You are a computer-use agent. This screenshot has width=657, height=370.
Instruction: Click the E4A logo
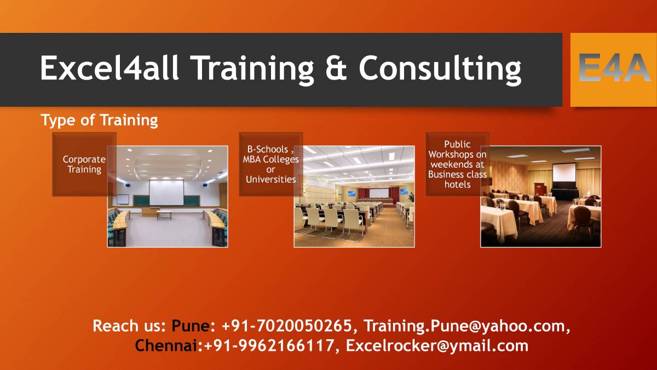tap(613, 70)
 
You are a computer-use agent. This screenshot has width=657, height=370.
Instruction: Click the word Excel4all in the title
tap(109, 69)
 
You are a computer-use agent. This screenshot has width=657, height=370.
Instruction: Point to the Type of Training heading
tap(99, 120)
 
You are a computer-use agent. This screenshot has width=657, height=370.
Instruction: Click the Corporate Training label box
tap(84, 164)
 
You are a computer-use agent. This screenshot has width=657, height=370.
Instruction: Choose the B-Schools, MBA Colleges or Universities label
tap(270, 164)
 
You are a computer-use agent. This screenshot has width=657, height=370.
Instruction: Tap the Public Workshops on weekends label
tap(457, 164)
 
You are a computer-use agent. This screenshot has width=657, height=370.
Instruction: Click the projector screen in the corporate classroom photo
tap(166, 192)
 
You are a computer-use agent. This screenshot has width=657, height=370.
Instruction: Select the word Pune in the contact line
tap(191, 326)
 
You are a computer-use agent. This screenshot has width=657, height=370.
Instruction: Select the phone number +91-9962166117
tap(269, 346)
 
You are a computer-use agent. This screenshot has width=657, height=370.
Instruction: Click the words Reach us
tap(129, 326)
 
